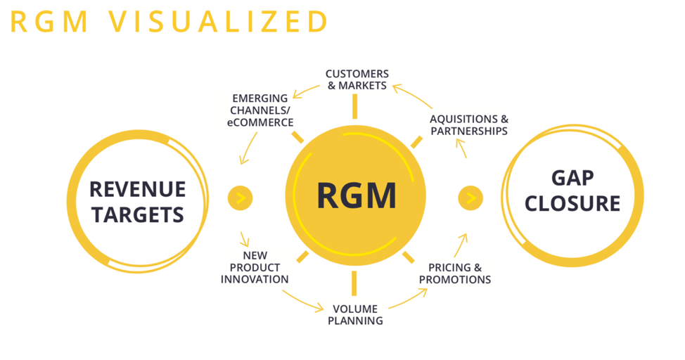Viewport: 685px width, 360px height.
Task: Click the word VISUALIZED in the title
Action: tap(219, 21)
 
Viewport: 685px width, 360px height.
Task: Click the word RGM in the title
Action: tap(49, 21)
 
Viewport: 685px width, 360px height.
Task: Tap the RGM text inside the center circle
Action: tap(356, 195)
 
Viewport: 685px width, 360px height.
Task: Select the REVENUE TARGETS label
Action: tap(137, 202)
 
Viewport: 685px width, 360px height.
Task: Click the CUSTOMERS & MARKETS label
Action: tap(357, 79)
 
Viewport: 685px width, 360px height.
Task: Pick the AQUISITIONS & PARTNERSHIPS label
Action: tap(468, 125)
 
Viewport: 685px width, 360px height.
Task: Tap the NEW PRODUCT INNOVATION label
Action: tap(254, 267)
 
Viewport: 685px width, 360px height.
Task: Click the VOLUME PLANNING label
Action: tap(355, 314)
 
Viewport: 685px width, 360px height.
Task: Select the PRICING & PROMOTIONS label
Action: tap(454, 274)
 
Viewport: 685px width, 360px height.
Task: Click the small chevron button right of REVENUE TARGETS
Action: tap(240, 198)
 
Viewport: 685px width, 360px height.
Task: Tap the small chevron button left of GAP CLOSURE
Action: tap(470, 198)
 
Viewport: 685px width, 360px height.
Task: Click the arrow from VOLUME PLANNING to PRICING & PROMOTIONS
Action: tap(407, 301)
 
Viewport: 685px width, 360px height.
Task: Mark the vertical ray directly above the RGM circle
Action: tap(355, 106)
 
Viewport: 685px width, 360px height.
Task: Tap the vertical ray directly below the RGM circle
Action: tap(354, 283)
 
